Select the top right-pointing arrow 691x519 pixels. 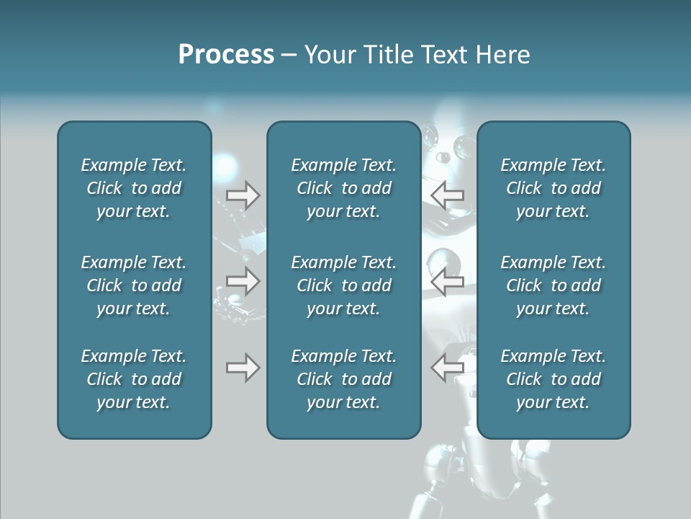tap(243, 195)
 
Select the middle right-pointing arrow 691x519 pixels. tap(243, 281)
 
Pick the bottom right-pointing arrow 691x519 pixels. tap(243, 368)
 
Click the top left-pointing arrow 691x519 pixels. tap(447, 195)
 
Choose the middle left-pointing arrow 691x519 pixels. tap(447, 281)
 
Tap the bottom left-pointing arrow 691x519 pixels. tap(447, 368)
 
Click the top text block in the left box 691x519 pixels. tap(134, 188)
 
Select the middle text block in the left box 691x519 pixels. tap(134, 285)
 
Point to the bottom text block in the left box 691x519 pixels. tap(134, 379)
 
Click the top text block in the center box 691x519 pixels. tap(343, 188)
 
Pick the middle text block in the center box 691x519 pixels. tap(343, 285)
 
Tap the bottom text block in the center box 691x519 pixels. tap(343, 379)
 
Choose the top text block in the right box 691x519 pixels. tap(553, 188)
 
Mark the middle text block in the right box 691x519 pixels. tap(553, 285)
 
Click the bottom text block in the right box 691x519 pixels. tap(553, 379)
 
